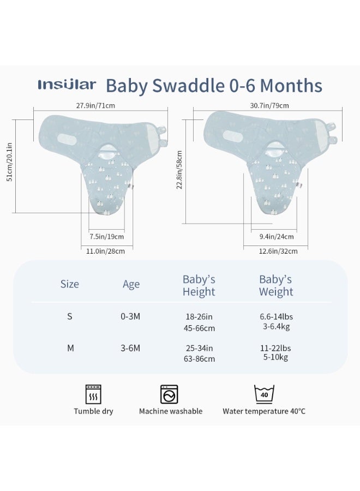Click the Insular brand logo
pos(67,85)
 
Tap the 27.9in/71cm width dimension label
pos(95,105)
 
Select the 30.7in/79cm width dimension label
pos(269,105)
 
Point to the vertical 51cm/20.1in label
pos(9,162)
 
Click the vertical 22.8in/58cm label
pos(179,170)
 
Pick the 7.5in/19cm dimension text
pos(106,236)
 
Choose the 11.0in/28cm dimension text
pos(105,251)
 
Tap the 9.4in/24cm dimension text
pos(277,236)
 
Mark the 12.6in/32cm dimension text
pos(278,251)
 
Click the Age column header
pos(131,284)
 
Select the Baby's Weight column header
pos(276,285)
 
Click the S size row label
pos(69,316)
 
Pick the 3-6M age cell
pos(130,348)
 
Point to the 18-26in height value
pos(199,316)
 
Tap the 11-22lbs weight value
pos(275,348)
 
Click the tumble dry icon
pos(93,394)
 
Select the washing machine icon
pos(169,394)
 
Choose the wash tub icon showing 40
pos(264,394)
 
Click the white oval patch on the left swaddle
pos(69,139)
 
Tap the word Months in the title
pos(291,86)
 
